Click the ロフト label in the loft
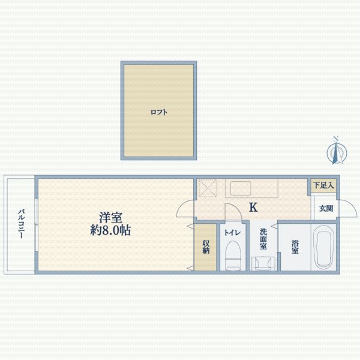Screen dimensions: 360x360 coord(159,112)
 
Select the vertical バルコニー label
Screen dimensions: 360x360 coord(20,224)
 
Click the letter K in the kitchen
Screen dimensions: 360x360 coord(253,208)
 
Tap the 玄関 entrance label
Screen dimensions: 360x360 coord(325,209)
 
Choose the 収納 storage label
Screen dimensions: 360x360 coord(206,247)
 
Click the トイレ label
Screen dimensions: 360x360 coord(232,233)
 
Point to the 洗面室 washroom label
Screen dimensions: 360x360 coord(263,238)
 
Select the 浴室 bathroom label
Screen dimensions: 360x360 coord(295,247)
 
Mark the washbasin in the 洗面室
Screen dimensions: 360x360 coord(263,262)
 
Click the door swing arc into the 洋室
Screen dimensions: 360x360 coord(184,210)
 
